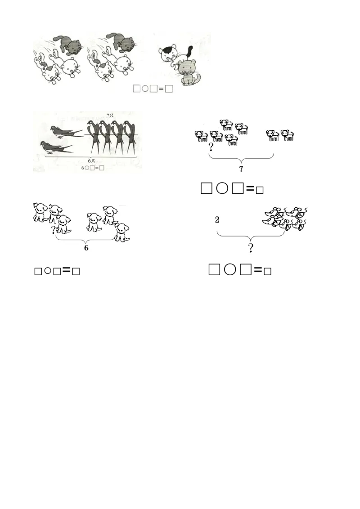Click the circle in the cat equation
point(145,89)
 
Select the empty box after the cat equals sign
point(169,89)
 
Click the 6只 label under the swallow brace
point(92,161)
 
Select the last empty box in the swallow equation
point(102,168)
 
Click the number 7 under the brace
point(241,169)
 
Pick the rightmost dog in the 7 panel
point(287,135)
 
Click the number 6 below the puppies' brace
point(86,249)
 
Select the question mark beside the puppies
point(54,230)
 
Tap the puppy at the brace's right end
point(121,232)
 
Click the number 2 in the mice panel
point(217,220)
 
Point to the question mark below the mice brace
point(251,248)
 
